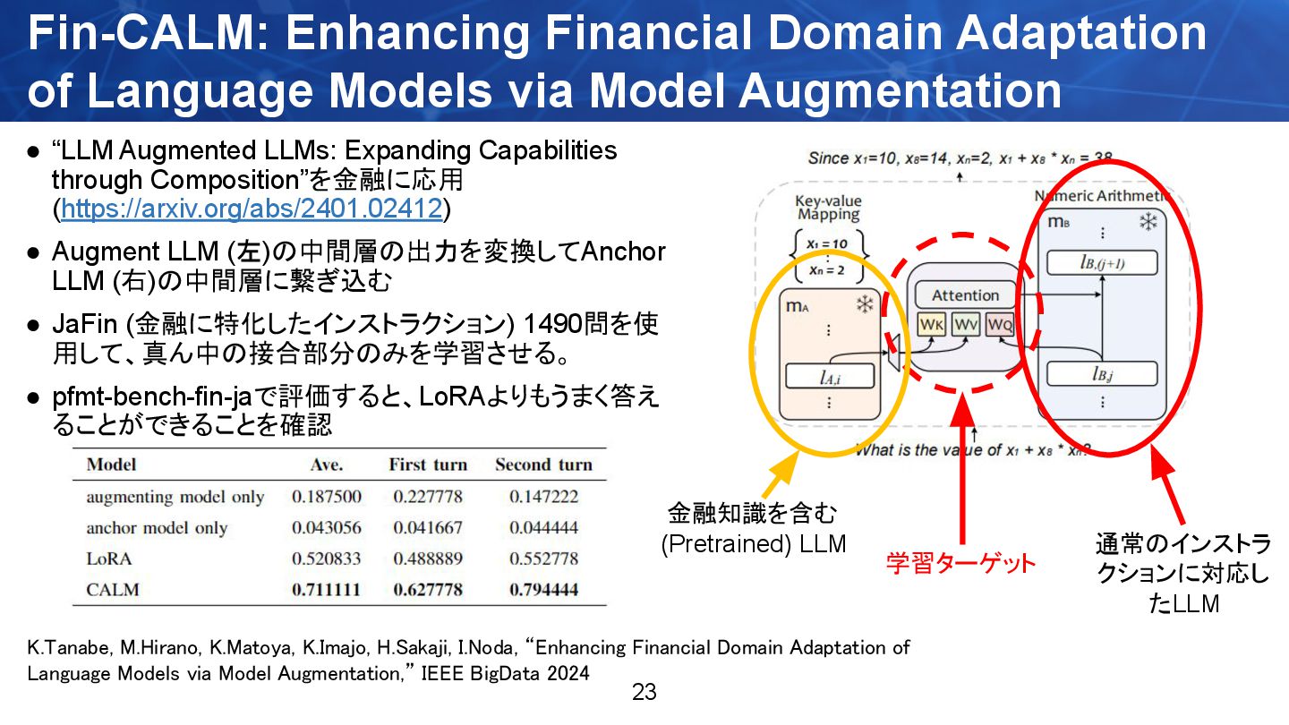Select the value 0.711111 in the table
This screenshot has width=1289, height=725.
pyautogui.click(x=326, y=589)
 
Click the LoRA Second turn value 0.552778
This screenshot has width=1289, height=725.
pyautogui.click(x=543, y=559)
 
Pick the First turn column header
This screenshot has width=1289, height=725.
pyautogui.click(x=428, y=465)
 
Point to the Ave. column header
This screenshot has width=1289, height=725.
pyautogui.click(x=326, y=465)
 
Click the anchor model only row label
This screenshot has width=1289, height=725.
pyautogui.click(x=157, y=527)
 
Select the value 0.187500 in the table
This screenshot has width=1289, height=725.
pyautogui.click(x=326, y=496)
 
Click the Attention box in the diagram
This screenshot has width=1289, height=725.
pyautogui.click(x=965, y=295)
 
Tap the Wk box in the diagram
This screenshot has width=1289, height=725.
pyautogui.click(x=932, y=326)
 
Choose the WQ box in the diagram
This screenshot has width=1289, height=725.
pyautogui.click(x=999, y=326)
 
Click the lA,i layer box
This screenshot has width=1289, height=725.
pyautogui.click(x=829, y=377)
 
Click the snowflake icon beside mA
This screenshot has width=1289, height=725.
pyautogui.click(x=865, y=305)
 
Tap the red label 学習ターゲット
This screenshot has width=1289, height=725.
pyautogui.click(x=960, y=563)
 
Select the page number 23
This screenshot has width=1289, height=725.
pyautogui.click(x=644, y=692)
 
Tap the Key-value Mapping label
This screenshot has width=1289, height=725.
pyautogui.click(x=828, y=209)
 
